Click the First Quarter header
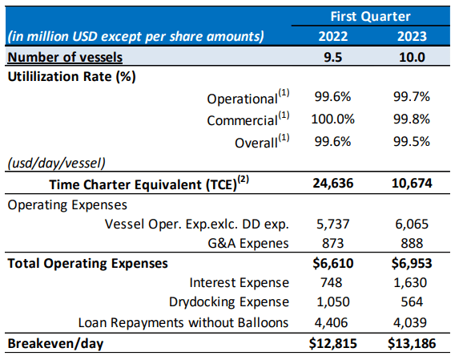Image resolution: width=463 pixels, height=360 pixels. [370, 16]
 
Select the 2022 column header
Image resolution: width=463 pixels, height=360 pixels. [332, 36]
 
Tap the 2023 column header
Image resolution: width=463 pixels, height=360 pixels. [412, 36]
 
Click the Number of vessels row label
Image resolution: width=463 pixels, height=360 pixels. [65, 57]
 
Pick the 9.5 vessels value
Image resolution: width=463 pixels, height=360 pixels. [332, 57]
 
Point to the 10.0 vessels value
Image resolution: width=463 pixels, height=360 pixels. [412, 57]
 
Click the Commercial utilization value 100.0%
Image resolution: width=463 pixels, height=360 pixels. [332, 119]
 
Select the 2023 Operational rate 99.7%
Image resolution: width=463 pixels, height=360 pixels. [412, 97]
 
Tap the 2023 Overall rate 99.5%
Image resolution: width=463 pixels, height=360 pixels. [412, 142]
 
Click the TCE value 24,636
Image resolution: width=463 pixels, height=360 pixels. [332, 184]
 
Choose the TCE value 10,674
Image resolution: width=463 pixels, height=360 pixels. [412, 184]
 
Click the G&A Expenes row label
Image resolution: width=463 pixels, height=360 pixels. [248, 243]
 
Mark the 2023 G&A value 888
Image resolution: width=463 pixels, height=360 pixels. [412, 243]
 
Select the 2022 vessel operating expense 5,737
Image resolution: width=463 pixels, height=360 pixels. [332, 224]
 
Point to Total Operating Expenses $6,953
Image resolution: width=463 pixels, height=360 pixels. [412, 263]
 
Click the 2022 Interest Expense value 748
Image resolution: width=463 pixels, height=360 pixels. [332, 282]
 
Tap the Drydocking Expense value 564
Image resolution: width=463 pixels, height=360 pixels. [412, 301]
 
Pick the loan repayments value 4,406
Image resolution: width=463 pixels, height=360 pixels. [332, 322]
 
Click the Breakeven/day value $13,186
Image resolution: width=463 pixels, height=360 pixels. [412, 343]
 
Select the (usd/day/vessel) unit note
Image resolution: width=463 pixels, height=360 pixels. [56, 163]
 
